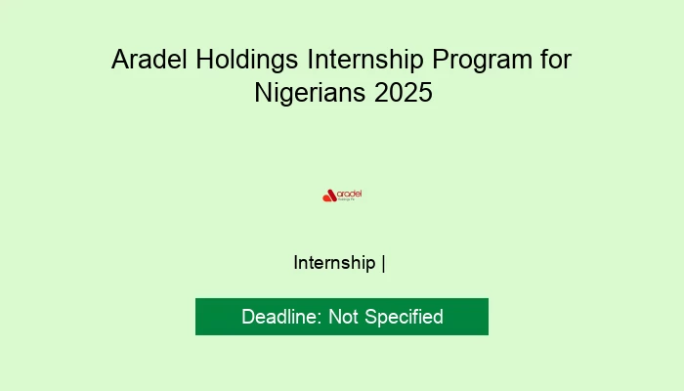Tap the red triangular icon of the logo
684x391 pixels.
[329, 195]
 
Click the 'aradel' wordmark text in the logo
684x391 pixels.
[350, 193]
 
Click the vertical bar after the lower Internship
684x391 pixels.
[384, 263]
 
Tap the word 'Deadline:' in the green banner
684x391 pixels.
[282, 317]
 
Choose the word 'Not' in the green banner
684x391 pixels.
[344, 317]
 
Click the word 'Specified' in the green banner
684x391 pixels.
[405, 317]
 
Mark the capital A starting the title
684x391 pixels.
[119, 60]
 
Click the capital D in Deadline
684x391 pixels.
[248, 317]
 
